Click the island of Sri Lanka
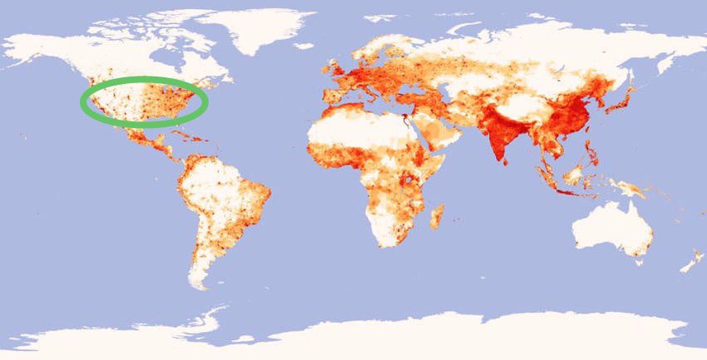click(509, 166)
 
